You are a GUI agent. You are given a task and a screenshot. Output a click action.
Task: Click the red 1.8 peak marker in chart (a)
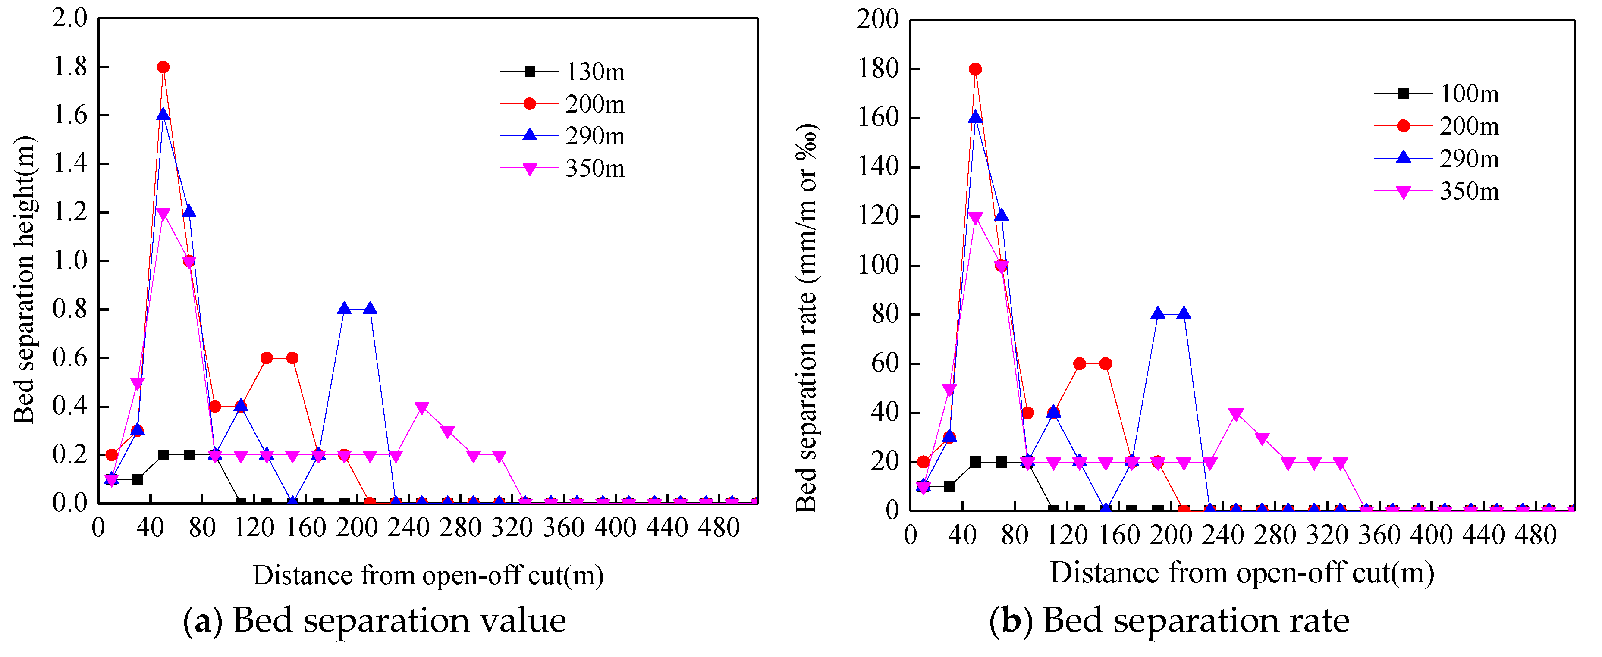click(163, 67)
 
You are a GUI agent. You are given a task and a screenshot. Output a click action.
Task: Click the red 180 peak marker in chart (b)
click(975, 69)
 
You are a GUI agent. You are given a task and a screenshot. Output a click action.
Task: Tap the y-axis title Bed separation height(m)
click(25, 280)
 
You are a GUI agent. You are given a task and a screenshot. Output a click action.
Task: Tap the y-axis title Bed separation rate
click(807, 317)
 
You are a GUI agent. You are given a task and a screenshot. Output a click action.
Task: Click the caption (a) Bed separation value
click(375, 620)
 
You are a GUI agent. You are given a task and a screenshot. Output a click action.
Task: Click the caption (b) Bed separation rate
click(1169, 620)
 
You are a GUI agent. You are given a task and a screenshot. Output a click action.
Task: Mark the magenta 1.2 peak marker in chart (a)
click(163, 214)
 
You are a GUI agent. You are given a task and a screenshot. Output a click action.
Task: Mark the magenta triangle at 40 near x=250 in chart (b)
click(1236, 414)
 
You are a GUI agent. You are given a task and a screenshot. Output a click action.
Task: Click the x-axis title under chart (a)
click(428, 575)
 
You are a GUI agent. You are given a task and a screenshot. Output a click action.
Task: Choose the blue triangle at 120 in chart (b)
click(1001, 216)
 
